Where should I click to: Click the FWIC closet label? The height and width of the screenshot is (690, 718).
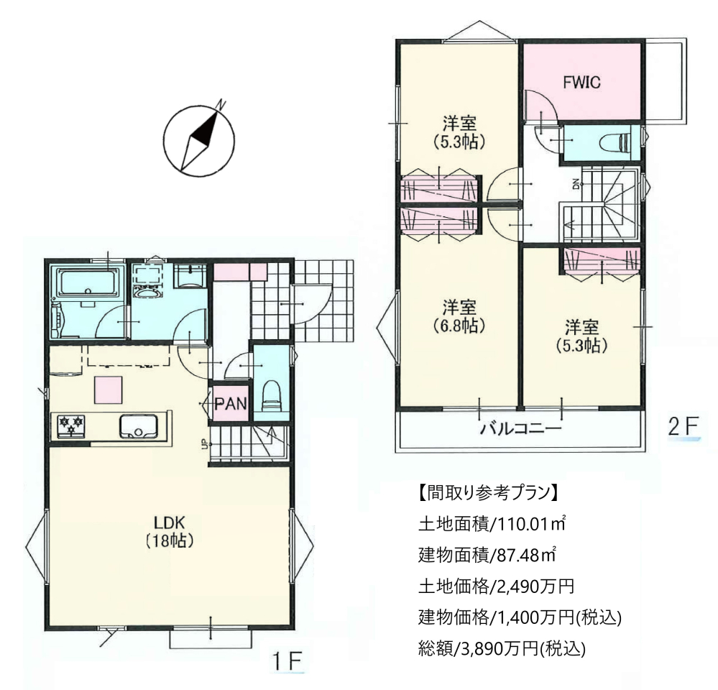tap(581, 83)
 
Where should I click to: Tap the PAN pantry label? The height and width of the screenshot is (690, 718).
tap(231, 404)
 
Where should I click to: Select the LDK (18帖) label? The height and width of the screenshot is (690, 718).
tap(170, 531)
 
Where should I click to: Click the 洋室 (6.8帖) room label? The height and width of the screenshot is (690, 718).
tap(459, 316)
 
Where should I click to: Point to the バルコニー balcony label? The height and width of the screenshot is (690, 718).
tap(520, 429)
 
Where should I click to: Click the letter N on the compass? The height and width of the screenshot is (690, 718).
tap(221, 105)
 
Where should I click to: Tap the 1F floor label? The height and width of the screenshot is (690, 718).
tap(287, 661)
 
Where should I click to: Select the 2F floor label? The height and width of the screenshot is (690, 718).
tap(684, 427)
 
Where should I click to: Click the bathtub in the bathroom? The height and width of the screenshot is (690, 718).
tap(88, 284)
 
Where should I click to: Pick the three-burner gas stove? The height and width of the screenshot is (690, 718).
tap(70, 425)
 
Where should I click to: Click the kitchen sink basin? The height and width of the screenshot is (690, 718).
tap(138, 425)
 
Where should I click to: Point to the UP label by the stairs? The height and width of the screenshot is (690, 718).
tap(204, 443)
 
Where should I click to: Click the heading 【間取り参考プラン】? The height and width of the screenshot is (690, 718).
tap(488, 492)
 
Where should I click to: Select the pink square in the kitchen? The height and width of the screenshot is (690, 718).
tap(109, 390)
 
